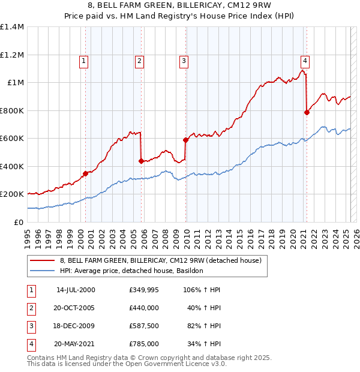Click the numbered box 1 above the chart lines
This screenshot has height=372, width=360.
coord(83,60)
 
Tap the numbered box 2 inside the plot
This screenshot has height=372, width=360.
coord(139,60)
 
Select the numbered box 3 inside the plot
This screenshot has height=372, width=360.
coord(183,60)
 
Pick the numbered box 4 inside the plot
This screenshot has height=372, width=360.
coord(305,60)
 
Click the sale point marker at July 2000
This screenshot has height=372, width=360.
coord(85,173)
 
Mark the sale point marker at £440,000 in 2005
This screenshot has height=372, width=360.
coord(141,161)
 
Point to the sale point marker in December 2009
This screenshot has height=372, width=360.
coord(185,140)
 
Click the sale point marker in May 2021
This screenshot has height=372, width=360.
coord(307,112)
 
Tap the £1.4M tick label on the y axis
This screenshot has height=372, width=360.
coord(12,27)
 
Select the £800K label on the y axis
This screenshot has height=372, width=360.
coord(12,110)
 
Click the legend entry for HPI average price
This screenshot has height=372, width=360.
coord(132,271)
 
